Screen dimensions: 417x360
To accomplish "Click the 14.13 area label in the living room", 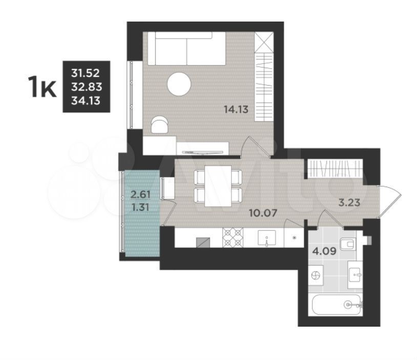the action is [x=236, y=109].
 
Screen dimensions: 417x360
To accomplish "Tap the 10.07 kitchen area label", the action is [x=263, y=213].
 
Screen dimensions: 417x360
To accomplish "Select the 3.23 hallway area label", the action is [x=349, y=203].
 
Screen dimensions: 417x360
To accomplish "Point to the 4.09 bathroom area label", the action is [x=324, y=251].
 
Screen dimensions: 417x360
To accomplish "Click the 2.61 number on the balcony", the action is [x=141, y=195].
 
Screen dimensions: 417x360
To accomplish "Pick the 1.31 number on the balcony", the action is [x=140, y=207].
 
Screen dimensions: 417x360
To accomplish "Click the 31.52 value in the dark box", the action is [x=86, y=73].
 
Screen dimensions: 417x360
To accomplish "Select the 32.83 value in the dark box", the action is [x=87, y=87].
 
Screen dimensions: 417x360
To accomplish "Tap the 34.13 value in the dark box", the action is [x=86, y=101].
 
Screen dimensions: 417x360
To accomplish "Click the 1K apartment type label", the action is [x=43, y=87].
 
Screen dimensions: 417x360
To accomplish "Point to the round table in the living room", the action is [x=179, y=84].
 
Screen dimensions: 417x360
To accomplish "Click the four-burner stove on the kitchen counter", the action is [x=233, y=237].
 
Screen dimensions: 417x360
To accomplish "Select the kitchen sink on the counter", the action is [x=267, y=238].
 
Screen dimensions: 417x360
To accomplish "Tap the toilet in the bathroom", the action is [x=348, y=244].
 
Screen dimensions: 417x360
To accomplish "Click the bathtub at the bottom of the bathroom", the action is [x=337, y=304].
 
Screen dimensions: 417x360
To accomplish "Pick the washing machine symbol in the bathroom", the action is [x=316, y=275].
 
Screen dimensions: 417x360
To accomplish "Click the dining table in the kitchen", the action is [x=218, y=186].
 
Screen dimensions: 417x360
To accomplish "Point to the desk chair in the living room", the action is [x=159, y=124].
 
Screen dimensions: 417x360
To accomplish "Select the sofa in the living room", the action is [x=186, y=48].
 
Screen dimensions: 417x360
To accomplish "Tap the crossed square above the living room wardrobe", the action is [x=264, y=43].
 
